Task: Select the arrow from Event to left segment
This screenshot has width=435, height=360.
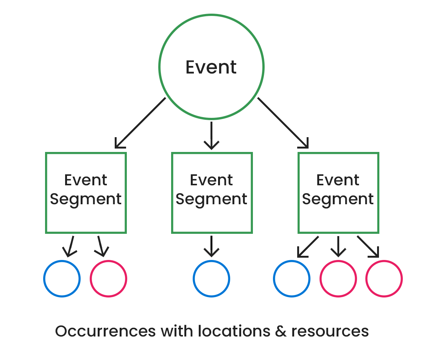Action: tap(140, 123)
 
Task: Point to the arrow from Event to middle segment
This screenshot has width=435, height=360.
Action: tap(211, 135)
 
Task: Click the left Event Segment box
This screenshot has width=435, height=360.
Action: tap(86, 193)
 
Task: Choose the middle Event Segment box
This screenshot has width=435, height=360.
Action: tap(212, 193)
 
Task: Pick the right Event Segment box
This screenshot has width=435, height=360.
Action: tap(338, 193)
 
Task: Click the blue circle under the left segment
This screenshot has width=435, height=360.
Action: tap(62, 279)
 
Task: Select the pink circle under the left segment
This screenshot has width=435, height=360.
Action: tap(108, 279)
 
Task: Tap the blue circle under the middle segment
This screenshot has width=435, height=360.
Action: tap(211, 279)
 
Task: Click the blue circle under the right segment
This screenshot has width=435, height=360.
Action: tap(292, 279)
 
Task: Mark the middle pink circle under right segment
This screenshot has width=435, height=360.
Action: tap(338, 279)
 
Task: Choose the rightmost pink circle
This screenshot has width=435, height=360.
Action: tap(384, 279)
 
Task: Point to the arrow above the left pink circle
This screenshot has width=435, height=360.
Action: tap(101, 246)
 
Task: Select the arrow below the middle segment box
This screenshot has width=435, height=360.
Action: tap(211, 246)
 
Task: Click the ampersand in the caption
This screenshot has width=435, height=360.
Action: tap(280, 331)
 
